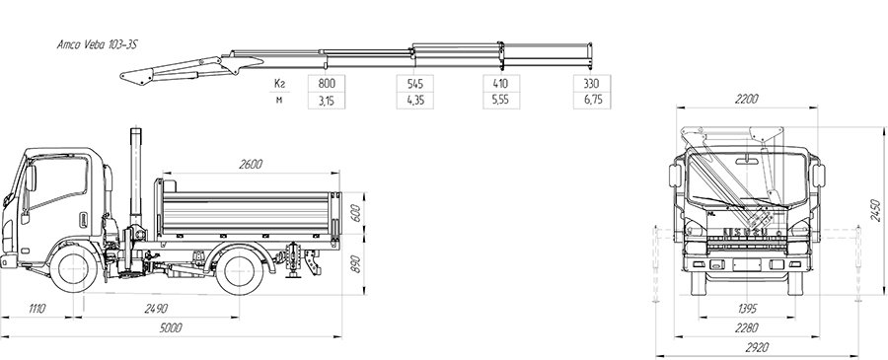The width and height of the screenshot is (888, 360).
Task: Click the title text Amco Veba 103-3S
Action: pyautogui.click(x=97, y=45)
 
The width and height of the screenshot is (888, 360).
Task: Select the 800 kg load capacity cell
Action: pyautogui.click(x=327, y=83)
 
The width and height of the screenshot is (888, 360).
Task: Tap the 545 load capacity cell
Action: pyautogui.click(x=415, y=83)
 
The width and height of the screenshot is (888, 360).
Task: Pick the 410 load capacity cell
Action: pyautogui.click(x=501, y=83)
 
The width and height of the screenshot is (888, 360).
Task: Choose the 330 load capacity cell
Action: pyautogui.click(x=592, y=83)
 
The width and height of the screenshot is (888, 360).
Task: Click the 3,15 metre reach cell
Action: pyautogui.click(x=327, y=101)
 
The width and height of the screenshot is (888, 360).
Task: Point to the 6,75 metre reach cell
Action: pyautogui.click(x=592, y=101)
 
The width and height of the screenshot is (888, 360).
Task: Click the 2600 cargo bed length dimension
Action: pyautogui.click(x=251, y=165)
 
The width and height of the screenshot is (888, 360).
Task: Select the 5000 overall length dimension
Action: pyautogui.click(x=171, y=327)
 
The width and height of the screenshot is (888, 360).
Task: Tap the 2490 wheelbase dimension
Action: pyautogui.click(x=156, y=309)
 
